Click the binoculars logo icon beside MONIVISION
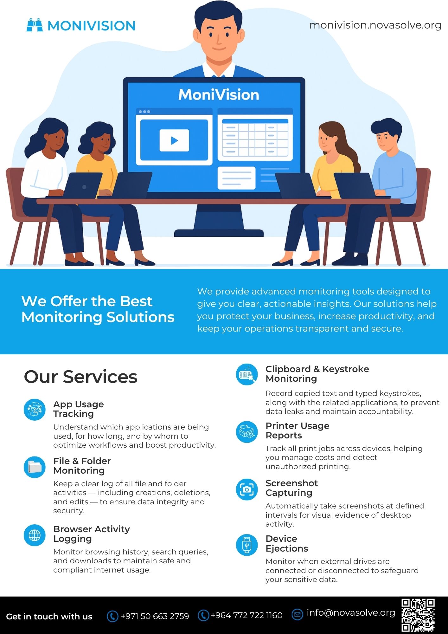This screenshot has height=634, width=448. (35, 25)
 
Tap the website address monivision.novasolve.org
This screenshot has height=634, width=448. (375, 25)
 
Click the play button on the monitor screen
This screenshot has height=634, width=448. (174, 140)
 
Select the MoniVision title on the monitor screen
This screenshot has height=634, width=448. (219, 95)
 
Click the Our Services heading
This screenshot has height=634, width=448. (80, 377)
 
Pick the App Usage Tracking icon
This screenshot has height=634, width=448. (35, 410)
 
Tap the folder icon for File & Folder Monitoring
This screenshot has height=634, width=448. (35, 467)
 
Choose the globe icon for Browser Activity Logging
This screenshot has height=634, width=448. (35, 535)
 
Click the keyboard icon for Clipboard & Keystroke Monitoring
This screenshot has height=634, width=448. (247, 374)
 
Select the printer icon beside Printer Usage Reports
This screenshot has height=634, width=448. (247, 431)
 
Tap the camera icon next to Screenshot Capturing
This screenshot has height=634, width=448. (247, 489)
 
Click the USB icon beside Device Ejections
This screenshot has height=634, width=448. (247, 545)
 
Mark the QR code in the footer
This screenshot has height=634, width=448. (418, 615)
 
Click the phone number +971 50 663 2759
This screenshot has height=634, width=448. (155, 616)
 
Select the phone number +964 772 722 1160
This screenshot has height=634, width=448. (246, 615)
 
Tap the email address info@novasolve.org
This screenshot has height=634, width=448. (351, 612)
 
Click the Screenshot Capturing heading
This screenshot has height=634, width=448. (291, 488)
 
